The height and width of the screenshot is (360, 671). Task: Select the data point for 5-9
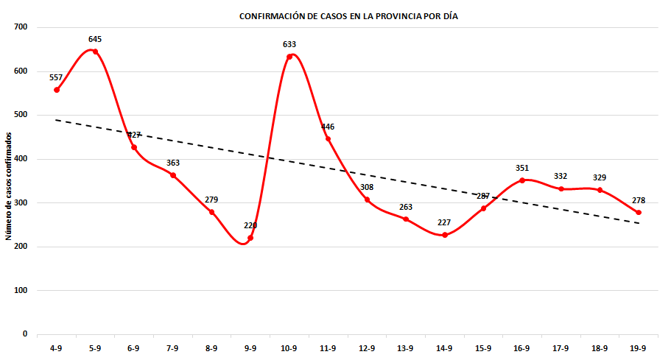[x=95, y=52]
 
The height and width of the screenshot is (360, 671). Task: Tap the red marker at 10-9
[x=289, y=57]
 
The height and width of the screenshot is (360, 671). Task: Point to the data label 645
[x=95, y=39]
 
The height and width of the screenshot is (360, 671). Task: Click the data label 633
[x=289, y=44]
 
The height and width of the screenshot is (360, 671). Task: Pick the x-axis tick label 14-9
[x=444, y=348]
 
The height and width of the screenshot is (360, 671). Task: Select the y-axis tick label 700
[x=20, y=27]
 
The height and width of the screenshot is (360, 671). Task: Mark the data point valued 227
[x=445, y=235]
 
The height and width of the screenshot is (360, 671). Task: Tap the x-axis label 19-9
[x=639, y=348]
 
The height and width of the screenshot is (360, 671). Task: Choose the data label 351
[x=522, y=168]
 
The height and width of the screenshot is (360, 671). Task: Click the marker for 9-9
[x=250, y=238]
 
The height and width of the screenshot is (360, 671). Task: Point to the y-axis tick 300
[x=20, y=202]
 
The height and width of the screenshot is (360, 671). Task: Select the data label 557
[x=57, y=77]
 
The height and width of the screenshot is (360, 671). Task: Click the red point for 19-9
[x=639, y=212]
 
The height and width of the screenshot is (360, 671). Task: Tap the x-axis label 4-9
[x=57, y=348]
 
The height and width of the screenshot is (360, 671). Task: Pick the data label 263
[x=406, y=207]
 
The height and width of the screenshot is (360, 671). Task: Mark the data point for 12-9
[x=367, y=200]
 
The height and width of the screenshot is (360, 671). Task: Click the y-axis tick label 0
[x=24, y=334]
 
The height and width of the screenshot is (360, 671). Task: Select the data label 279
[x=211, y=200]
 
